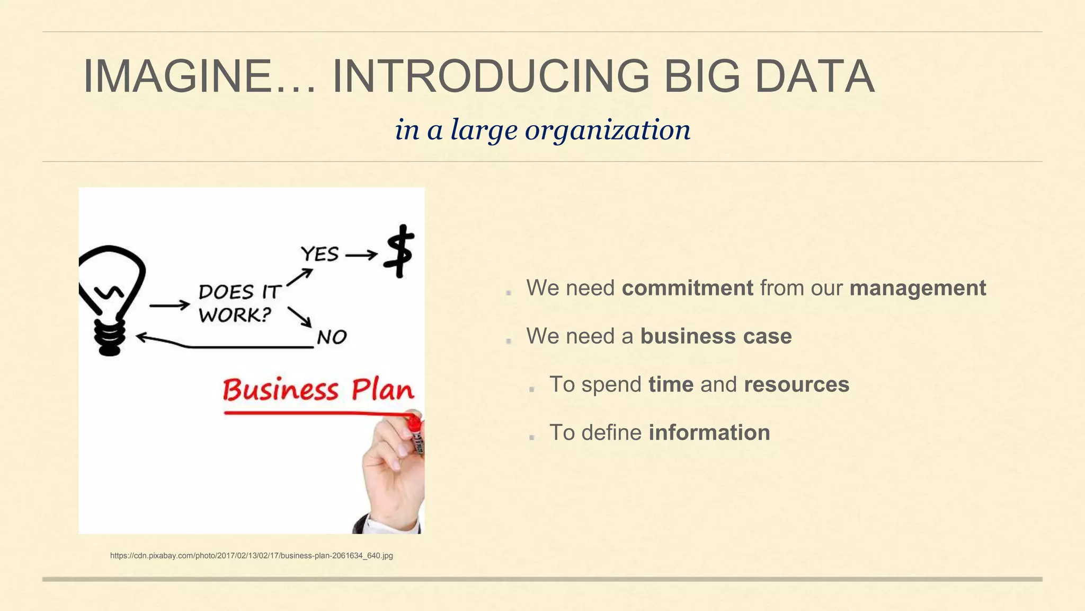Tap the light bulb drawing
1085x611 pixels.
click(x=111, y=297)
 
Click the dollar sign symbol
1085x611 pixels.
click(x=400, y=251)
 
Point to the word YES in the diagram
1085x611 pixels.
click(x=319, y=254)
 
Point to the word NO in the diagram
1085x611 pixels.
click(x=332, y=337)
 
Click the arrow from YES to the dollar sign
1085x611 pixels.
click(x=361, y=256)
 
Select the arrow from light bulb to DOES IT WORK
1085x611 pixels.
click(x=170, y=305)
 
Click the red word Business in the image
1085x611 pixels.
click(x=280, y=390)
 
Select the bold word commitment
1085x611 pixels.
click(x=687, y=288)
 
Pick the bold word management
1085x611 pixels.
click(x=918, y=288)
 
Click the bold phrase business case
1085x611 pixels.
click(x=716, y=336)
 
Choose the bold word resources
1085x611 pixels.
click(x=796, y=385)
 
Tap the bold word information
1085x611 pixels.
click(x=709, y=433)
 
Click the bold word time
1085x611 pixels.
click(x=671, y=385)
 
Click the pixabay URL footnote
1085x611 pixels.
click(x=251, y=556)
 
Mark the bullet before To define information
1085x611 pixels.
click(x=532, y=437)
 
